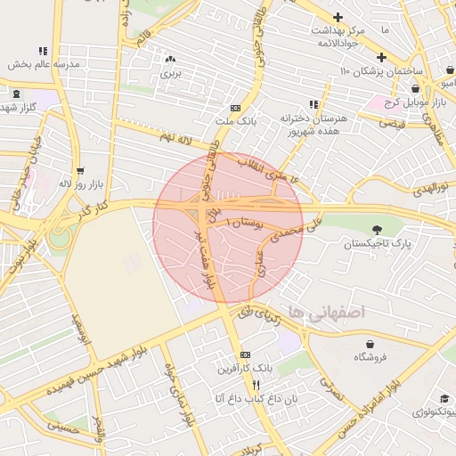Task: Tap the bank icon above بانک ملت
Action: [x=235, y=106]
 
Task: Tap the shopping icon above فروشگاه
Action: [x=370, y=344]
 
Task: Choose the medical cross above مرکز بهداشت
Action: [x=338, y=17]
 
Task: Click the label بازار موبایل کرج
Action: [x=391, y=102]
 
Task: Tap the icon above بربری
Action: [x=169, y=59]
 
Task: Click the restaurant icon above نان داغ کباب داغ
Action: [x=256, y=385]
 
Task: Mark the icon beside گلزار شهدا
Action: [x=17, y=94]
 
